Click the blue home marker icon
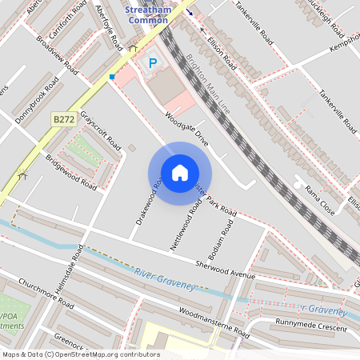179,173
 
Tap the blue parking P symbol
152,62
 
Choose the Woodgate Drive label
186,128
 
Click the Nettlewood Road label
185,226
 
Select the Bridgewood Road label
70,172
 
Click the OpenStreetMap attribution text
81,354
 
